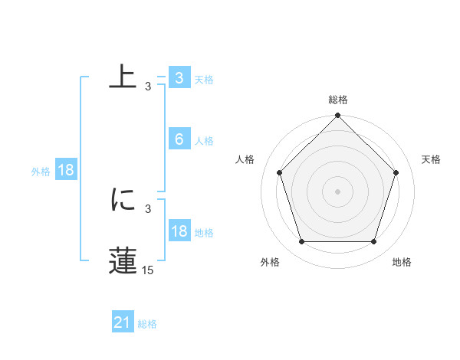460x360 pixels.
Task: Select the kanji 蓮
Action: pyautogui.click(x=123, y=260)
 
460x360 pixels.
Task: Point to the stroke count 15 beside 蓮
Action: pyautogui.click(x=148, y=270)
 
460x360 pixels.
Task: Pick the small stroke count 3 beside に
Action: pyautogui.click(x=148, y=208)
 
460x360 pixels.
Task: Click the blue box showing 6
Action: pyautogui.click(x=179, y=139)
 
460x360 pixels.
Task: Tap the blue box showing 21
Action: pyautogui.click(x=123, y=323)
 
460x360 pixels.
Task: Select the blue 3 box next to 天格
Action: pyautogui.click(x=179, y=78)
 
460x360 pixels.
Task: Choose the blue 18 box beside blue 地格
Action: pyautogui.click(x=179, y=231)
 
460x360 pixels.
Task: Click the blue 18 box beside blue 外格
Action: pyautogui.click(x=66, y=171)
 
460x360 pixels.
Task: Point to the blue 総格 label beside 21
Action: pyautogui.click(x=147, y=324)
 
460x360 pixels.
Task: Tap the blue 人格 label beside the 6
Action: pyautogui.click(x=204, y=141)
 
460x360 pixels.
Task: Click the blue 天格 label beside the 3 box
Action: pyautogui.click(x=204, y=80)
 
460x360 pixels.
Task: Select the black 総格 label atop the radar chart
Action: pyautogui.click(x=338, y=100)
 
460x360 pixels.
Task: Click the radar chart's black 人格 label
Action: pyautogui.click(x=245, y=159)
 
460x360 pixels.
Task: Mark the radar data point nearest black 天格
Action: pyautogui.click(x=396, y=172)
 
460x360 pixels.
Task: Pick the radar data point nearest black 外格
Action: pyautogui.click(x=301, y=242)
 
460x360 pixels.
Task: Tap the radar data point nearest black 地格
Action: pyautogui.click(x=374, y=242)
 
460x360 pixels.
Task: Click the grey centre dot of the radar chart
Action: pyautogui.click(x=338, y=191)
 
